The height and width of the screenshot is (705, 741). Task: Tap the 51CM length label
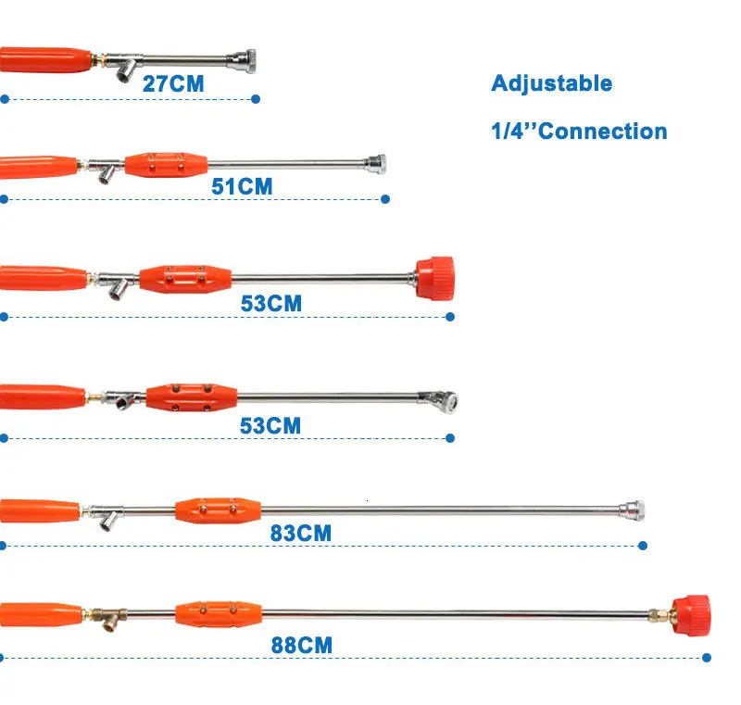tap(242, 186)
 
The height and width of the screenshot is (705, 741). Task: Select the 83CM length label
tap(300, 534)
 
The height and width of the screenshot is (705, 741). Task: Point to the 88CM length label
tap(301, 645)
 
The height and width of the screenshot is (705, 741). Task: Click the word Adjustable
tap(551, 83)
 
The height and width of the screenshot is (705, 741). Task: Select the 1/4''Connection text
tap(579, 131)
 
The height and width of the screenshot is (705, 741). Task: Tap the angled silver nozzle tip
tap(439, 400)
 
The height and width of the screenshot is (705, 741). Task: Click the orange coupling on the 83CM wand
tap(217, 510)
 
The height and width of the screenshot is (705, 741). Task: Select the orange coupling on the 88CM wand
tap(217, 612)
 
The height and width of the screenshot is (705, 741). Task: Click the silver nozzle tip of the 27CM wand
tap(246, 59)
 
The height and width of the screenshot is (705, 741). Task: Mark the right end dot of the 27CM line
tap(256, 98)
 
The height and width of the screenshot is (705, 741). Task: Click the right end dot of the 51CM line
tap(385, 198)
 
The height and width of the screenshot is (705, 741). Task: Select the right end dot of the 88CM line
tap(707, 658)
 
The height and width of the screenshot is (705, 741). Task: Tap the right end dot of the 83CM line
tap(645, 546)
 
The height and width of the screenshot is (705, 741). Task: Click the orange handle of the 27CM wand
tap(46, 61)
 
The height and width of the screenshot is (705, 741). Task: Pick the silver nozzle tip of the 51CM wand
tap(375, 165)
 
